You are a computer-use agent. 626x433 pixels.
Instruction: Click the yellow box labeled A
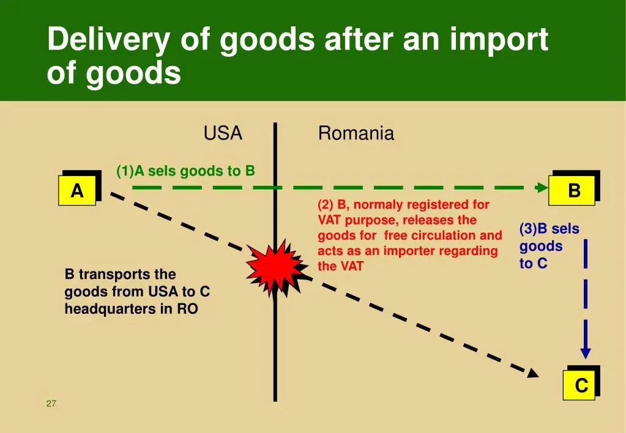click(x=77, y=190)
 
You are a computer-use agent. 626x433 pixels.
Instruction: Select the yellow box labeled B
click(x=572, y=190)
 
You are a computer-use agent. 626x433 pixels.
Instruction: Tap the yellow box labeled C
click(x=579, y=385)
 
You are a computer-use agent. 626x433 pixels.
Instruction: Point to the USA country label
click(x=223, y=133)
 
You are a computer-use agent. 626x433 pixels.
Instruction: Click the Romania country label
click(x=356, y=133)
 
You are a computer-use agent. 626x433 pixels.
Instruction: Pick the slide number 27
click(x=51, y=404)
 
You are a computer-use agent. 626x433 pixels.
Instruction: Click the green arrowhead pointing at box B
click(x=542, y=187)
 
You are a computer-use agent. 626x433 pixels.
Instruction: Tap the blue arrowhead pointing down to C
click(x=586, y=353)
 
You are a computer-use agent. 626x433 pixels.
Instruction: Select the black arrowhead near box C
click(x=534, y=373)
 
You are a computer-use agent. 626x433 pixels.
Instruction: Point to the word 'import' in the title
click(x=499, y=39)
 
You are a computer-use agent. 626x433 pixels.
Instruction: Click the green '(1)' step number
click(x=125, y=171)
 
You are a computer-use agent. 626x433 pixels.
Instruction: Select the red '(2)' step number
click(x=326, y=204)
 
